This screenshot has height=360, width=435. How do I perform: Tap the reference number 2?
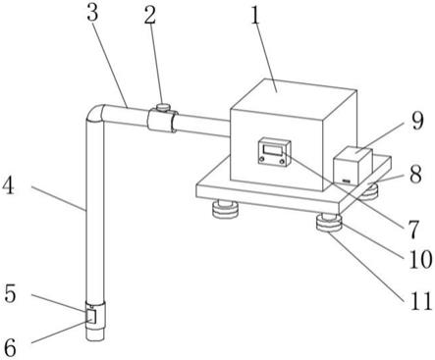[150, 14]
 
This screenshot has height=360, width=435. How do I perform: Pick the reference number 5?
[10, 293]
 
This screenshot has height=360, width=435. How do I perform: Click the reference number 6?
[10, 346]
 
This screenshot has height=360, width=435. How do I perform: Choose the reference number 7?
[412, 229]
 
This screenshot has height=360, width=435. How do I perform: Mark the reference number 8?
[415, 175]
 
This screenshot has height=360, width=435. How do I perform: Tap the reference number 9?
[417, 121]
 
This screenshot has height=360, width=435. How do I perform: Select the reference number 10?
[420, 259]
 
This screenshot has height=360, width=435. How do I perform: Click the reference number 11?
[421, 301]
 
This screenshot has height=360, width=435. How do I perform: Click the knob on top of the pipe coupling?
[162, 107]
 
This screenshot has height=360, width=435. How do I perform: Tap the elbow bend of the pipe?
[95, 114]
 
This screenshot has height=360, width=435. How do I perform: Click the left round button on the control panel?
[262, 159]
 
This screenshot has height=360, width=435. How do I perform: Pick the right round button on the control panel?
[282, 161]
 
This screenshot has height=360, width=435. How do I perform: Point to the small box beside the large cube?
[353, 166]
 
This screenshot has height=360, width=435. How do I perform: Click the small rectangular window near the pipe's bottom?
[90, 317]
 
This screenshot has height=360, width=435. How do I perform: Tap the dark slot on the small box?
[346, 180]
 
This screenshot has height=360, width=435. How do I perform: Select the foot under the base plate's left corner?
[225, 210]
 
